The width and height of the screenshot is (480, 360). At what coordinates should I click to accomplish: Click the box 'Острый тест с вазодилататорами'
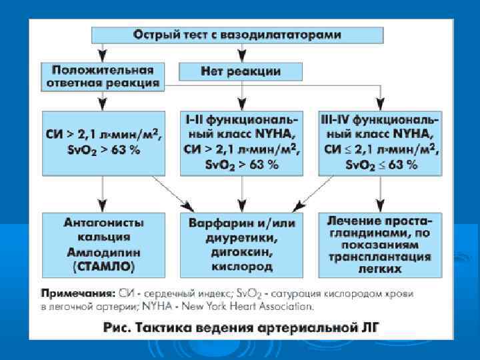click(237, 34)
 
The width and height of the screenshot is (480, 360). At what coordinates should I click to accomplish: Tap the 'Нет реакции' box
click(241, 71)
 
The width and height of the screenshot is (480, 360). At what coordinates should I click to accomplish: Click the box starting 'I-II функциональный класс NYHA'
click(241, 143)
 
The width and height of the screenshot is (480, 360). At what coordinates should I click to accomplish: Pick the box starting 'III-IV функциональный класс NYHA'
click(379, 143)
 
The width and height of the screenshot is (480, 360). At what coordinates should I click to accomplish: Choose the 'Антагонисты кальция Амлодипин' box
click(103, 244)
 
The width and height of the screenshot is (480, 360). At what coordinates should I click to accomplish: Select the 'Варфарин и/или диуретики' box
click(241, 244)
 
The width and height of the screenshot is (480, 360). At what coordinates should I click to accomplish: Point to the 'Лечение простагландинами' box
click(379, 244)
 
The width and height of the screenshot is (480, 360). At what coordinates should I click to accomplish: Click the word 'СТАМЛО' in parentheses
click(103, 267)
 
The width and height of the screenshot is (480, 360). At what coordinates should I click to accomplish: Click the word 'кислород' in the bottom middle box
click(241, 267)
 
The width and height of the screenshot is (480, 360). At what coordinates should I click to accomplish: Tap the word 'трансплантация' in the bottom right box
click(379, 258)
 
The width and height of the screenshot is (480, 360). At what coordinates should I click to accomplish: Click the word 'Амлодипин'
click(103, 253)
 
